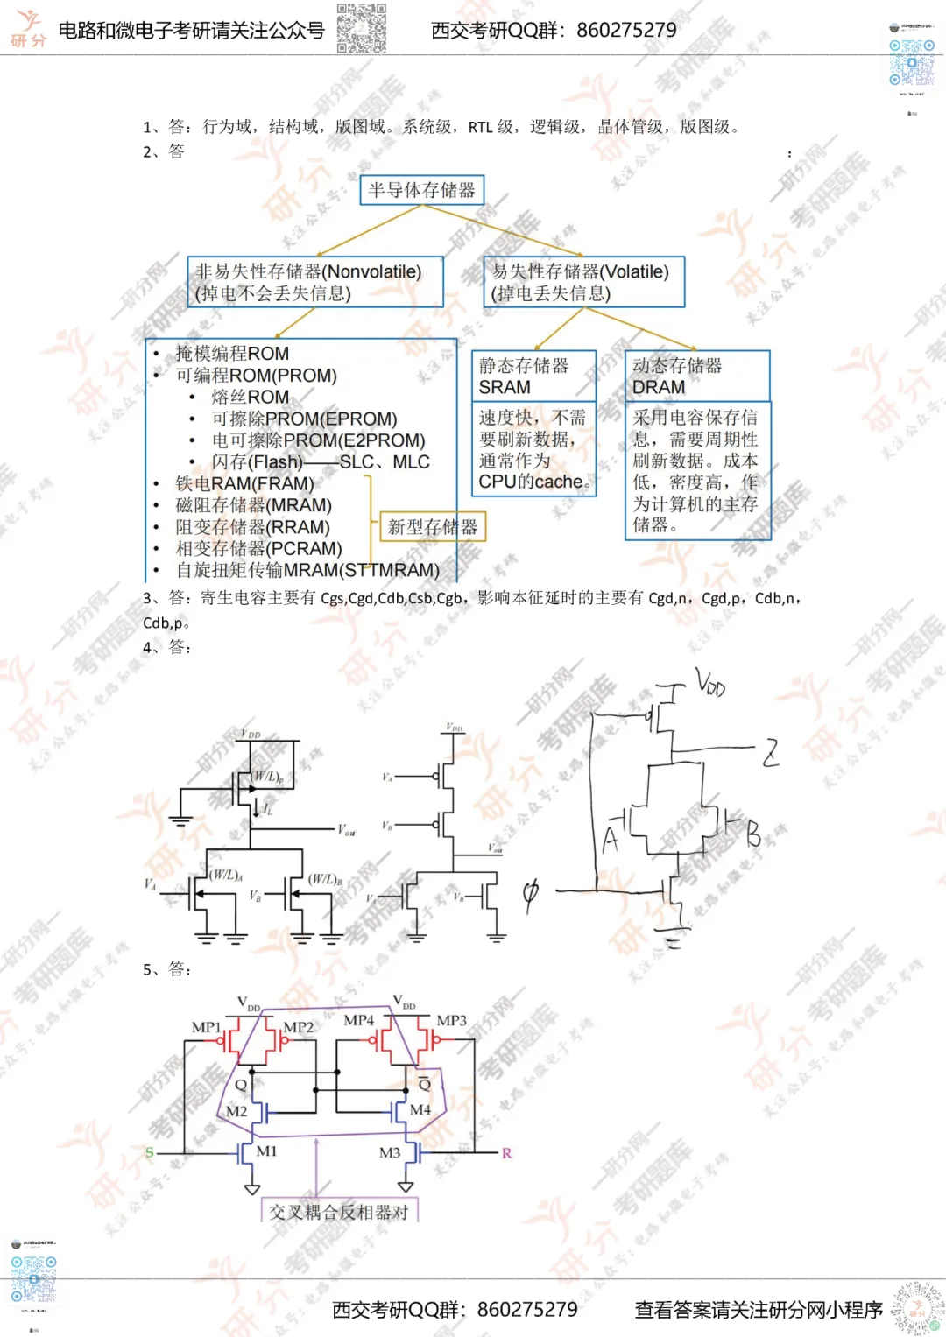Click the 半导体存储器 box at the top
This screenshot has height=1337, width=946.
click(421, 190)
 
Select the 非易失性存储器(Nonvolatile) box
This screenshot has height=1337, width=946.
click(315, 282)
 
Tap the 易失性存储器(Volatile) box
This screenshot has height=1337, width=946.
click(583, 282)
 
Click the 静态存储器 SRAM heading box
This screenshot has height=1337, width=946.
click(534, 376)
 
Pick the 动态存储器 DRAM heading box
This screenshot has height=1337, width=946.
click(697, 376)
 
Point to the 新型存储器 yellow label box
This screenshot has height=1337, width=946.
click(433, 527)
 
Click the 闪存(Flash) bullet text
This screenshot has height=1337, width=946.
click(258, 462)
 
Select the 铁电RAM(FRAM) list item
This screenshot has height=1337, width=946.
click(244, 484)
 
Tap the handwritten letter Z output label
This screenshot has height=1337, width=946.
click(770, 752)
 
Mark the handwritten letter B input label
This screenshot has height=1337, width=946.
click(753, 834)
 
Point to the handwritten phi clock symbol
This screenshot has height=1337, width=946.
click(530, 894)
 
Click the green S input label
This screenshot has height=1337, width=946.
click(149, 1152)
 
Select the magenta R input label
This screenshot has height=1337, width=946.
click(506, 1153)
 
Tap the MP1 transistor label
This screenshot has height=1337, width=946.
click(206, 1027)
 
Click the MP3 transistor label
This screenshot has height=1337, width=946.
click(451, 1020)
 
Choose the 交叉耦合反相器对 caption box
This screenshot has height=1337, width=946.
click(340, 1212)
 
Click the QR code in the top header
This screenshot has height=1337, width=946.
click(361, 28)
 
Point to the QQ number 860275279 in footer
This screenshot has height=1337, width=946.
click(527, 1310)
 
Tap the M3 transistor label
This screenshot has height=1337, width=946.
click(390, 1152)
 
